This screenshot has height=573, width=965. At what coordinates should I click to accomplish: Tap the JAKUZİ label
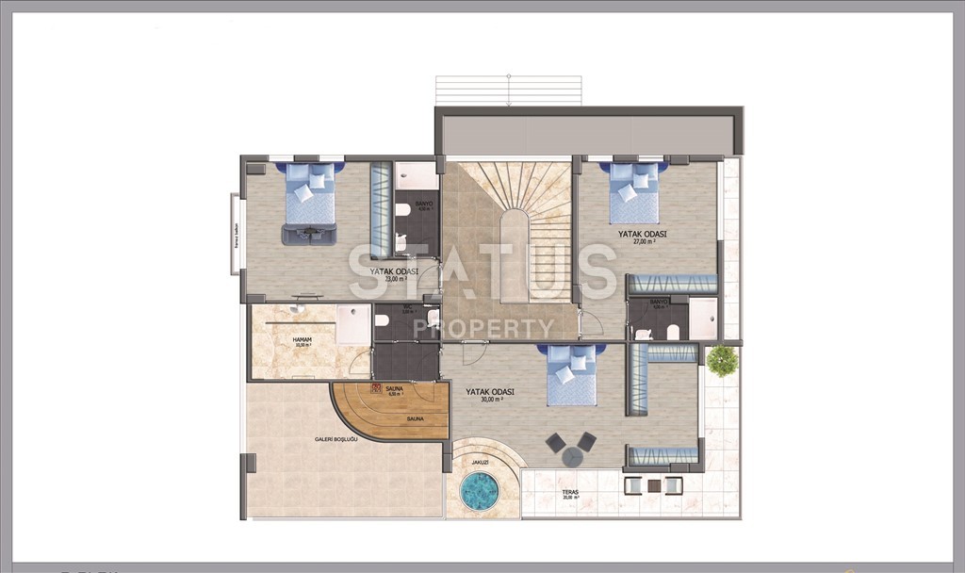pyautogui.click(x=482, y=463)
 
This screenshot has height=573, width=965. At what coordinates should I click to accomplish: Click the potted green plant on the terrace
pyautogui.click(x=722, y=361)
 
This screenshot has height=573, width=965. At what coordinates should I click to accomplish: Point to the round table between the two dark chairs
pyautogui.click(x=573, y=456)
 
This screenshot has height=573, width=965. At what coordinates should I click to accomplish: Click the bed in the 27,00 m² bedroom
pyautogui.click(x=635, y=194)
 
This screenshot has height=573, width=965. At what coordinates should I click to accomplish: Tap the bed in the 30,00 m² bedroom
pyautogui.click(x=573, y=375)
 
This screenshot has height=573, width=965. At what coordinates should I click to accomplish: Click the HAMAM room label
pyautogui.click(x=302, y=339)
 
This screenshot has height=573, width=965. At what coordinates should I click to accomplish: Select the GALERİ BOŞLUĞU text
pyautogui.click(x=335, y=439)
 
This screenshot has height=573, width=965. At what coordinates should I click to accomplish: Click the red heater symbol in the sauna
pyautogui.click(x=376, y=387)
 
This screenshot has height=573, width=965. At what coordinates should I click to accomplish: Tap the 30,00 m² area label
pyautogui.click(x=491, y=400)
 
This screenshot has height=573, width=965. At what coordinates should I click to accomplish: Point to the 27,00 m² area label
pyautogui.click(x=644, y=241)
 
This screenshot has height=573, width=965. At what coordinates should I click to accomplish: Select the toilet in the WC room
pyautogui.click(x=382, y=320)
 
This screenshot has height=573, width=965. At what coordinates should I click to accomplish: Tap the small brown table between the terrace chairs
pyautogui.click(x=654, y=485)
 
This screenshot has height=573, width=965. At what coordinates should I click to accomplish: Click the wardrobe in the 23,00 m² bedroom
pyautogui.click(x=381, y=209)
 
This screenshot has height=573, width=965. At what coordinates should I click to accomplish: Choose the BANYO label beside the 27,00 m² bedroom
pyautogui.click(x=659, y=302)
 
